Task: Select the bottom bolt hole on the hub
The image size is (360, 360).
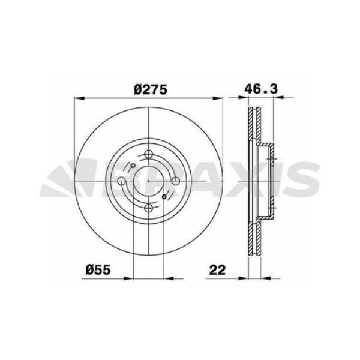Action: pos(148,208)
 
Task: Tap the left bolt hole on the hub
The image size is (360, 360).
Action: pos(122,181)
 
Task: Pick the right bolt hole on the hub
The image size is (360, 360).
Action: pos(175,181)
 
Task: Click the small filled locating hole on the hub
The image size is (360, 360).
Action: pos(163,196)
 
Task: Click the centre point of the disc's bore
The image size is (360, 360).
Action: pos(148,181)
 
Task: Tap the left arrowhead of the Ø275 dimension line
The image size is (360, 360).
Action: pos(77,98)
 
